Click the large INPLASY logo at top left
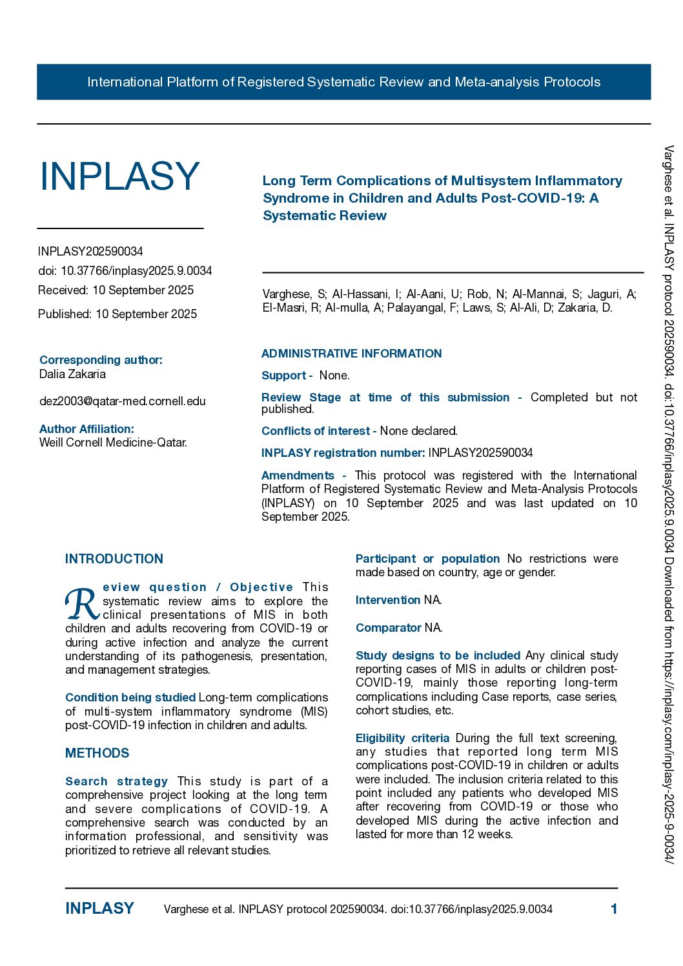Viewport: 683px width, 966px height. point(119,176)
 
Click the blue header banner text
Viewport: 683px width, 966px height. point(343,82)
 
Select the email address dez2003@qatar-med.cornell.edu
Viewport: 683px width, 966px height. point(123,401)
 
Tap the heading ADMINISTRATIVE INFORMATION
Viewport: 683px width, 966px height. point(351,354)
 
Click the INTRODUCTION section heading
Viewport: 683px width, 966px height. point(114,559)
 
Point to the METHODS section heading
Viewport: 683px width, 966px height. point(97,753)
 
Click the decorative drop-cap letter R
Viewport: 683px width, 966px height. point(82,603)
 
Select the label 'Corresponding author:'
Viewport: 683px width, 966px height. point(101,360)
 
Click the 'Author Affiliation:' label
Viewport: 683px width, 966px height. point(87,429)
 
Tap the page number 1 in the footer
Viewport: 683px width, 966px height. point(614,909)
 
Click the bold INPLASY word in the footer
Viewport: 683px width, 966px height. point(99,909)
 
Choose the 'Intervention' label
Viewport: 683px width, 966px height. point(387,600)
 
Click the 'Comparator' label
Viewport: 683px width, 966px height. point(388,628)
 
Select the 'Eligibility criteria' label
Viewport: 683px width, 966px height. point(402,738)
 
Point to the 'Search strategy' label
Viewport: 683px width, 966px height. point(116,781)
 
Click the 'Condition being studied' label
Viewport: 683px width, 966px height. point(130,698)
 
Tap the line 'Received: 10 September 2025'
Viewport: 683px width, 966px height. point(116,290)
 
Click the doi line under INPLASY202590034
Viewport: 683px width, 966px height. point(125,271)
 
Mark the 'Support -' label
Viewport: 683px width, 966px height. point(287,376)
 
